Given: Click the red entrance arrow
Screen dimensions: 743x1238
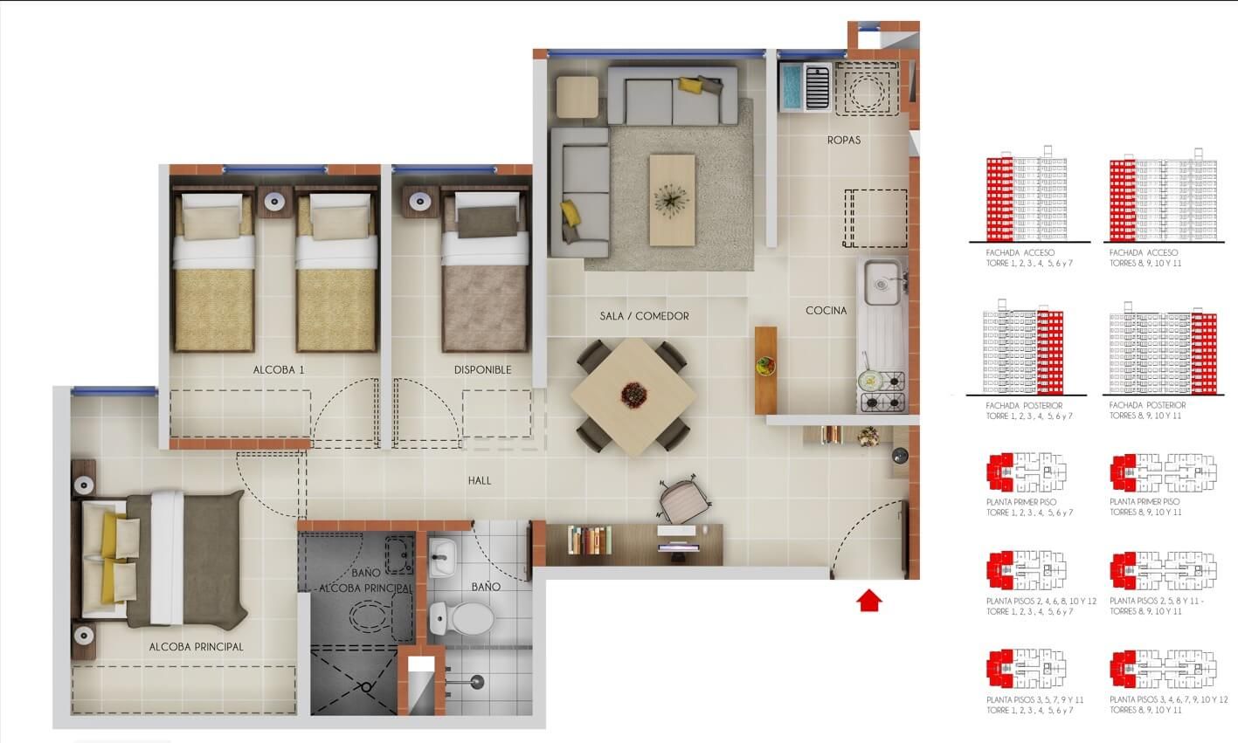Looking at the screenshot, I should [868, 601].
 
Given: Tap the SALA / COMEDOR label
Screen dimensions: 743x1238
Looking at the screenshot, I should [645, 316].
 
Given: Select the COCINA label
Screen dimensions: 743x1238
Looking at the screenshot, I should [826, 310].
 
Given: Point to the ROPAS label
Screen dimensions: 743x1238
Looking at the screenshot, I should [844, 140].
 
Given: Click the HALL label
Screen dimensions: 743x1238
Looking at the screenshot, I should [480, 480].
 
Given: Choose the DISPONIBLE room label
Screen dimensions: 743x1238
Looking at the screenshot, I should [482, 369].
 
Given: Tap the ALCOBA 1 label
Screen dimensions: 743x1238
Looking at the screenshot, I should [279, 369].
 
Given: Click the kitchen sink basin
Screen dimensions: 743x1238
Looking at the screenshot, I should [882, 282].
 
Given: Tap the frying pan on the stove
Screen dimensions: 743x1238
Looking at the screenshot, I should [870, 380].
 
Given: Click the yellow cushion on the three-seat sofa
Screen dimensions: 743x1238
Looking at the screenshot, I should [692, 85].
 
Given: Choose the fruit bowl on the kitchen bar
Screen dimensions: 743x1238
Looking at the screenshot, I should [765, 365].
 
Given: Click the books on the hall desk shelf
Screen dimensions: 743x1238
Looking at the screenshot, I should [588, 539].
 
